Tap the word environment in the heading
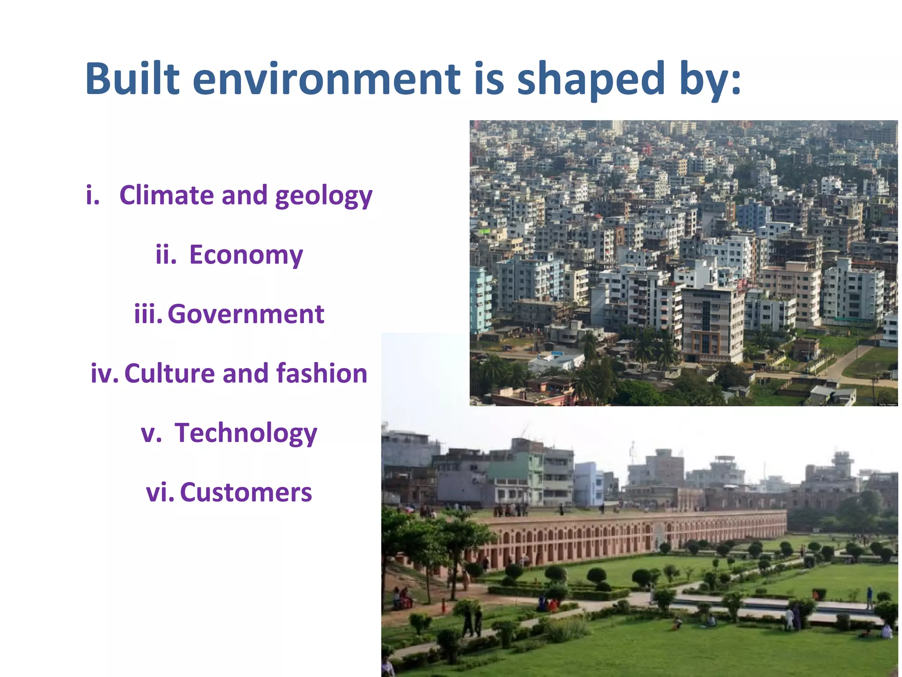(326, 79)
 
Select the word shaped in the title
(590, 79)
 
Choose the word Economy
(246, 255)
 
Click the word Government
(246, 314)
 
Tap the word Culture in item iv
(169, 373)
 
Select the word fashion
(322, 373)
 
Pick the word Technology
(246, 434)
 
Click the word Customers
(246, 492)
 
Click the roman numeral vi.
(159, 492)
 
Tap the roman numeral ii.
(166, 255)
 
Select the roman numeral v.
(151, 434)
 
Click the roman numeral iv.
(104, 373)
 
